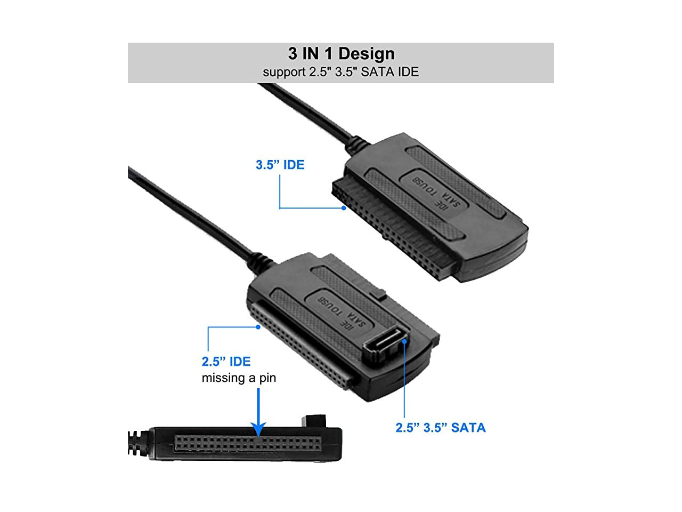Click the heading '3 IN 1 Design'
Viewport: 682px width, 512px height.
341,53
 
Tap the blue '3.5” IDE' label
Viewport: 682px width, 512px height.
280,165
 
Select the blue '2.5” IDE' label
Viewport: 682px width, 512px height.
226,362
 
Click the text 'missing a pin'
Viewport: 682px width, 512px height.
239,378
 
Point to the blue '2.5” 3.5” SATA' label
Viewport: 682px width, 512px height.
440,428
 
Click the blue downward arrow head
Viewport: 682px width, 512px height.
258,429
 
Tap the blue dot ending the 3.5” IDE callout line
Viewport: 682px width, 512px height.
344,209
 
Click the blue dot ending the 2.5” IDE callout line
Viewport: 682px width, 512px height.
258,327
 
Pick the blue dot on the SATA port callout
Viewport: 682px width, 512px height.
404,341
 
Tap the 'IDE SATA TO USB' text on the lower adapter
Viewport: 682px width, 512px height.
342,314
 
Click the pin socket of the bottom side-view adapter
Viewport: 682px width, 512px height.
248,443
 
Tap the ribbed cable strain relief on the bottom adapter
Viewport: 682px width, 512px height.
139,443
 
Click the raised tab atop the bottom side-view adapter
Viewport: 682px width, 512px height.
314,421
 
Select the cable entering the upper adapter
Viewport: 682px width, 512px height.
314,114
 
